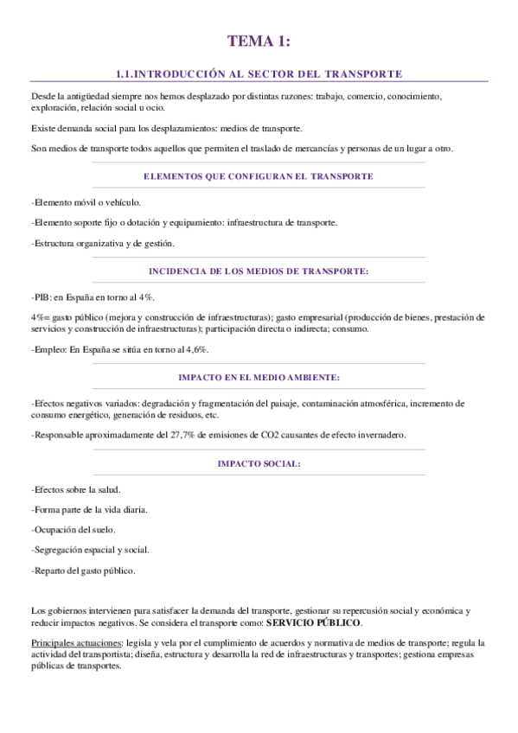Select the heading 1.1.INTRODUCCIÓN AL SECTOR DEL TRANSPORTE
click(x=259, y=74)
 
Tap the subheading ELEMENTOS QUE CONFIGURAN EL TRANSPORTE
click(x=259, y=175)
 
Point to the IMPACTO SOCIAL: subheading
click(x=259, y=463)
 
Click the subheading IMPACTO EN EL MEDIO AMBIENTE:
click(x=259, y=378)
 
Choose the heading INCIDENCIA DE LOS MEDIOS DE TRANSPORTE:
click(x=259, y=271)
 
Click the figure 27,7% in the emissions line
click(x=167, y=435)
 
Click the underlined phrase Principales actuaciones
click(x=76, y=644)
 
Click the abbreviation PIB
click(x=41, y=296)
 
